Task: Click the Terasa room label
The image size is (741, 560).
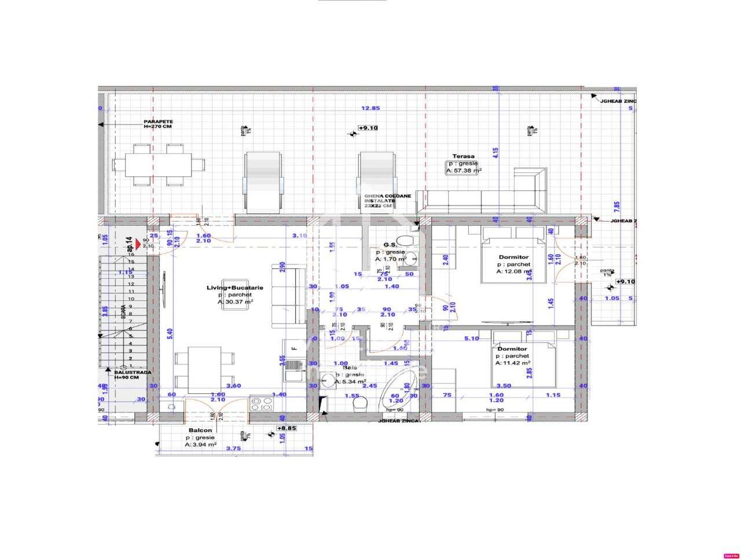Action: click(x=463, y=156)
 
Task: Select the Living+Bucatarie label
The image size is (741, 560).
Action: click(x=235, y=288)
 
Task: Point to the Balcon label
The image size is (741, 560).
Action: click(x=200, y=430)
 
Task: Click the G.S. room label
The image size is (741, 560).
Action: click(x=390, y=245)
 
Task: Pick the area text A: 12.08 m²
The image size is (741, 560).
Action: click(x=513, y=271)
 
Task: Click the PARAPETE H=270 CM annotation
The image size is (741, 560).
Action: click(x=158, y=124)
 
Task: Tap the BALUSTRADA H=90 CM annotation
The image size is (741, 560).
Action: click(x=133, y=375)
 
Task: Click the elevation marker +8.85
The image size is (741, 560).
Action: click(x=286, y=428)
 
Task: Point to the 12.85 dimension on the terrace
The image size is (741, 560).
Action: click(x=370, y=108)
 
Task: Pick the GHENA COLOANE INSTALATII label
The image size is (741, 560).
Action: click(x=387, y=201)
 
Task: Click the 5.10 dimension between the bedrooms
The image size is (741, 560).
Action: click(x=472, y=338)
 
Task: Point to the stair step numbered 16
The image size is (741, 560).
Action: click(x=131, y=255)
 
